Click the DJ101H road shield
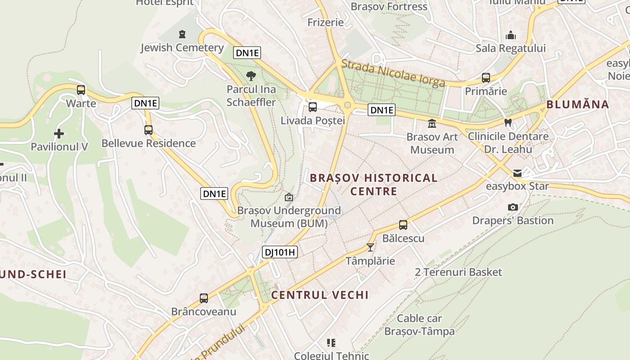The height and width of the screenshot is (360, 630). pos(280,252)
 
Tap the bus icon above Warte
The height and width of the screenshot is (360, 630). pos(81,90)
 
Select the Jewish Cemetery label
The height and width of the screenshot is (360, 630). pos(182,48)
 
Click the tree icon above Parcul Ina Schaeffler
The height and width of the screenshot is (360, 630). pos(251,76)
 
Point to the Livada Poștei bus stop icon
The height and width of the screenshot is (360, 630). pos(312,107)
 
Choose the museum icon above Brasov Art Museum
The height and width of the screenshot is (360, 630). pos(432,123)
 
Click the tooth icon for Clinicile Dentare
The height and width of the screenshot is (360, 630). pos(508,122)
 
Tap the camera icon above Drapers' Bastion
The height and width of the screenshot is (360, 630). pos(513,207)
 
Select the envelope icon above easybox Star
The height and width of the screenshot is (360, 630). pos(517,173)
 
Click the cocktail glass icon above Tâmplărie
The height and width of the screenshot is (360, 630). pos(370,247)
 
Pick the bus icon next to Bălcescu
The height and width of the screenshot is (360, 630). pos(403,225)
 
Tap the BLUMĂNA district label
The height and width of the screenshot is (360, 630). pos(577,104)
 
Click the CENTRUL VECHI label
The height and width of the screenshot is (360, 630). pos(319,295)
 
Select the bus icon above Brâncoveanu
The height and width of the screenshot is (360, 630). pos(204,298)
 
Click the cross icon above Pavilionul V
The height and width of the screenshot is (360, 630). pos(59,134)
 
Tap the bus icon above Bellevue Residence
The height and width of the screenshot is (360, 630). pos(148,130)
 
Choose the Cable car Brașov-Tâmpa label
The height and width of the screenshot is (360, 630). pos(419,325)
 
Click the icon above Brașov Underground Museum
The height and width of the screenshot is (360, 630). pos(289,197)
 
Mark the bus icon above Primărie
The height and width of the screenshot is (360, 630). pos(486,77)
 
